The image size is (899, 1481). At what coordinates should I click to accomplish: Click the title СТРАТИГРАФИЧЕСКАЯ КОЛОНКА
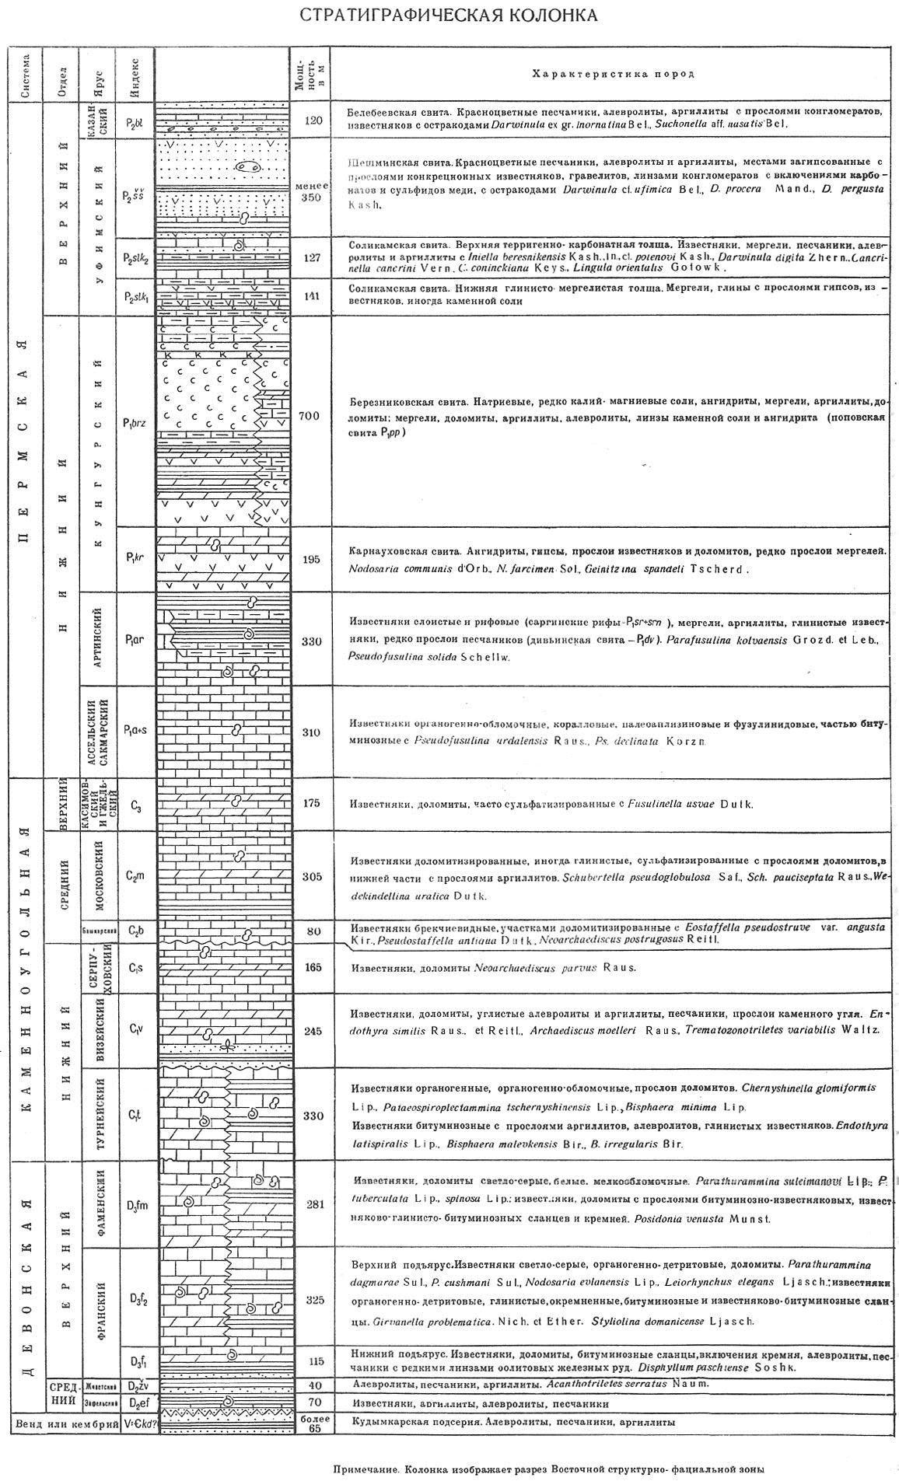coord(449,16)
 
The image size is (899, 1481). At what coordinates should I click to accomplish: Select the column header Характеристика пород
coord(612,74)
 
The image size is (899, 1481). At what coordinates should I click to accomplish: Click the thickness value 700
coord(309,417)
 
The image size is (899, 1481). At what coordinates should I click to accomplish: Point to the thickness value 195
coord(310,560)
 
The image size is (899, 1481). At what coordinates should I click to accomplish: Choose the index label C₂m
coord(135,876)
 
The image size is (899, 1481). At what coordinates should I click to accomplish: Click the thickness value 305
coord(310,877)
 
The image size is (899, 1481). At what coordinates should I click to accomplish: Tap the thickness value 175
coord(310,803)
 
